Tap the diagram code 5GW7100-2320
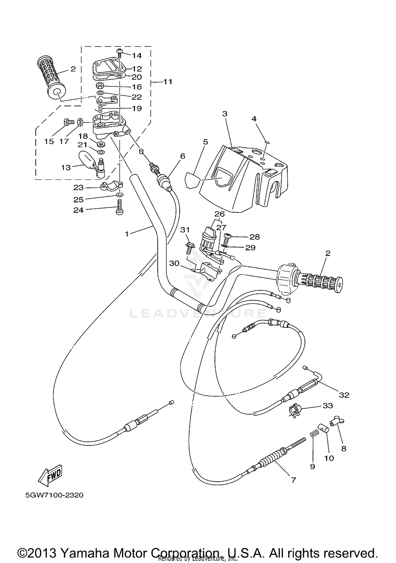54,495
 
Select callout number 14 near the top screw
137,56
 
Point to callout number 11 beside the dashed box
168,82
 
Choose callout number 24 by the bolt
78,210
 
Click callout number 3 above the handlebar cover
225,114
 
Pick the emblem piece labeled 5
192,180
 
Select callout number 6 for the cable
182,156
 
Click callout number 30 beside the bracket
174,263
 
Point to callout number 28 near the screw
254,237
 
